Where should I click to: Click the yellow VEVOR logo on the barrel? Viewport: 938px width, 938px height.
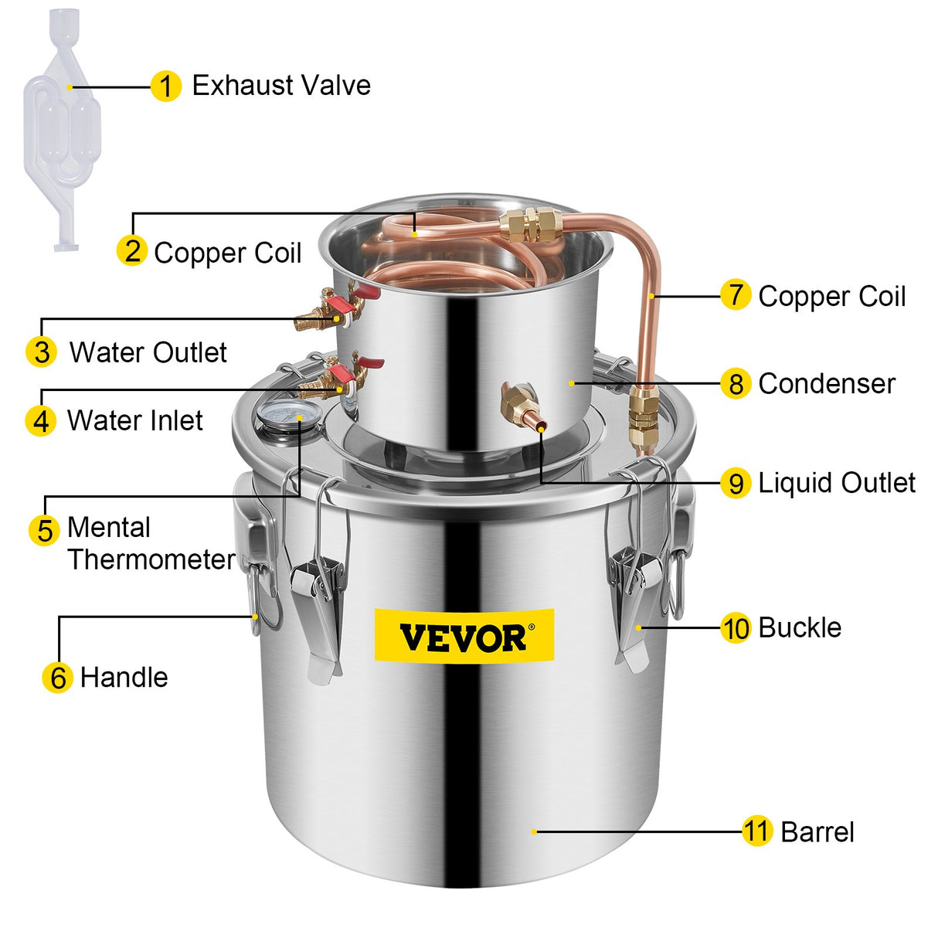tap(464, 636)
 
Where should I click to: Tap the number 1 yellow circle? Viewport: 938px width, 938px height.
tap(166, 86)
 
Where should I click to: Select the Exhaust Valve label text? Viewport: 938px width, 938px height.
tap(281, 85)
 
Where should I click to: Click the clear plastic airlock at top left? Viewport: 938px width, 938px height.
tap(58, 127)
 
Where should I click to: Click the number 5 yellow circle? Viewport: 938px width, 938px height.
tap(45, 530)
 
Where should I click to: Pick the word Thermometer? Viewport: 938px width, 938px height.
tap(151, 559)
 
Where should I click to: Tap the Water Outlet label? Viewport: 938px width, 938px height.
tap(148, 352)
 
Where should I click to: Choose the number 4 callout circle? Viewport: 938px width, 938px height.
tap(41, 421)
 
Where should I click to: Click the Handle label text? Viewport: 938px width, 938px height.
tap(124, 678)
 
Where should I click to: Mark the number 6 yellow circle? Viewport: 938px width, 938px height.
tap(58, 678)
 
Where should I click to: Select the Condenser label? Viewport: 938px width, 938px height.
tap(827, 383)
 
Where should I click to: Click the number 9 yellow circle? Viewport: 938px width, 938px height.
tap(736, 483)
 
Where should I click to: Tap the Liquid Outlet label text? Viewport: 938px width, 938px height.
tap(837, 483)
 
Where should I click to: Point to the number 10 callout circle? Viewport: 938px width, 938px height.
tap(736, 628)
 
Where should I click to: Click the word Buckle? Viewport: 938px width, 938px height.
tap(800, 627)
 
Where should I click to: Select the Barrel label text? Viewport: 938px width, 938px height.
tap(817, 832)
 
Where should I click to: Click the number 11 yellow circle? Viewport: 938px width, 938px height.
tap(757, 831)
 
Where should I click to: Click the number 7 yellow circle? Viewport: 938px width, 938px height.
tap(736, 295)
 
